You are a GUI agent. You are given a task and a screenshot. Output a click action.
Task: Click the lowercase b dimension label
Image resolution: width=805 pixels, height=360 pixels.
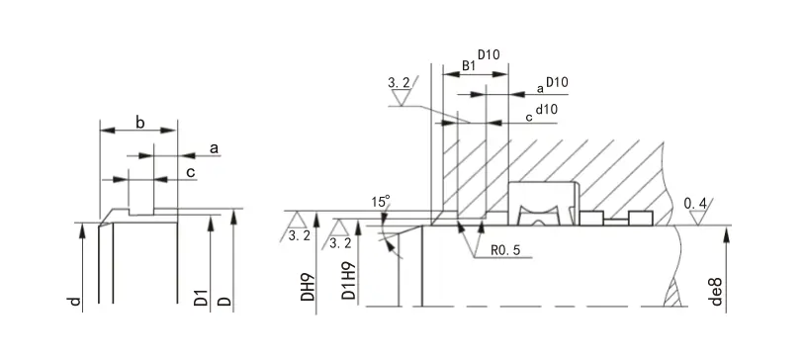140,123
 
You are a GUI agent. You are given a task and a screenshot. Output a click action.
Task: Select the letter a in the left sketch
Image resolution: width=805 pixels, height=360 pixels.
214,149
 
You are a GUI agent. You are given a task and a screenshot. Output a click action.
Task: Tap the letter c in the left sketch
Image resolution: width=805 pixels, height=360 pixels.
191,172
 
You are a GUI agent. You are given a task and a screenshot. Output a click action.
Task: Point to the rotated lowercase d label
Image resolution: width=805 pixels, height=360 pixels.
75,301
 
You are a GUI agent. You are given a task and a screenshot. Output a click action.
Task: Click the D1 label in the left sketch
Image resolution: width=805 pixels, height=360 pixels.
202,299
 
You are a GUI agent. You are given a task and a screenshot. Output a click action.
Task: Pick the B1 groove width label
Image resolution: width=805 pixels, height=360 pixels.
469,65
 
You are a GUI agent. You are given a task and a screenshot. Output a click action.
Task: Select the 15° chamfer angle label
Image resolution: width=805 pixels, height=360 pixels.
381,201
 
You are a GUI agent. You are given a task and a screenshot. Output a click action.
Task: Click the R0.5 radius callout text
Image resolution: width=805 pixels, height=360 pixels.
505,250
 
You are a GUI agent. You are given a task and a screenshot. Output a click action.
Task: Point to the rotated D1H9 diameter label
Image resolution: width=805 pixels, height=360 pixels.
349,282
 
